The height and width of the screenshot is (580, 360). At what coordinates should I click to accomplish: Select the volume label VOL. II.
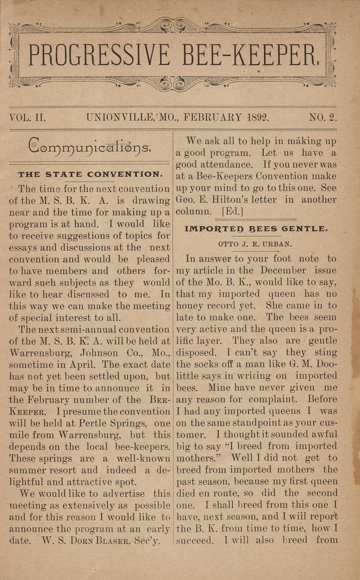click(27, 117)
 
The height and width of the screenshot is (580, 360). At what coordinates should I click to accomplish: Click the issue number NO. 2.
click(323, 117)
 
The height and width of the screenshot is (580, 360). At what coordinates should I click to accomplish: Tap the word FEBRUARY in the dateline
click(211, 117)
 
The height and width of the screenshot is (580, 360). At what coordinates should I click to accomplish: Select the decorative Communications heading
click(89, 148)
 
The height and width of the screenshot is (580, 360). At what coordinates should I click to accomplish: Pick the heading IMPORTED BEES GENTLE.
click(256, 229)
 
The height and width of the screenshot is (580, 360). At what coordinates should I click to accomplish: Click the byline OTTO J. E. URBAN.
click(255, 244)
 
